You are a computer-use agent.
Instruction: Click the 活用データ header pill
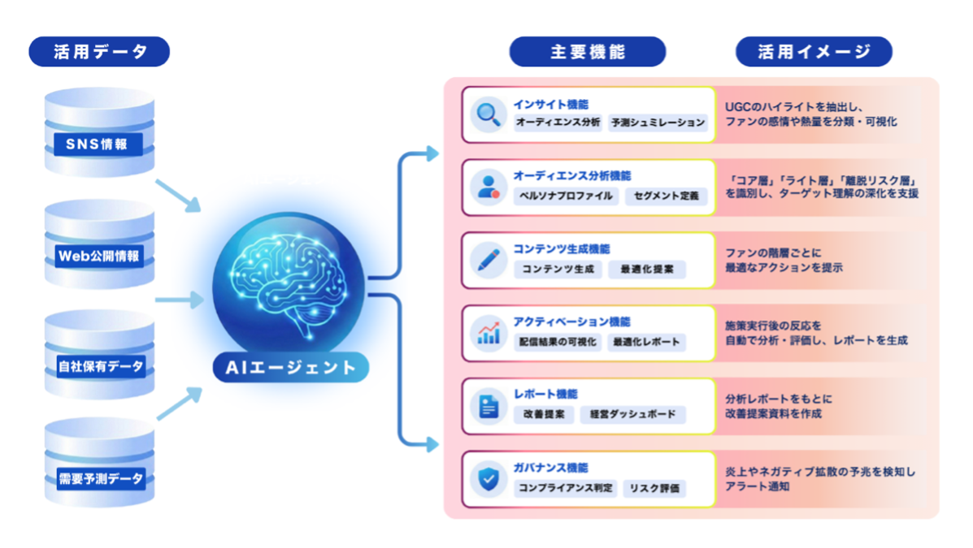[x=99, y=52]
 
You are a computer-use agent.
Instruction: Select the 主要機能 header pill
[x=587, y=52]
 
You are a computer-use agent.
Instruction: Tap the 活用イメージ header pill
[x=814, y=52]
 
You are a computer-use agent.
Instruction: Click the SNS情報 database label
[x=99, y=145]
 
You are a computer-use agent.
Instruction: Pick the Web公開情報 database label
[x=99, y=257]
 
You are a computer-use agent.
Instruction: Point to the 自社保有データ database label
[x=100, y=367]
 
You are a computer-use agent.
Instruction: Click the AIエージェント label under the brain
[x=291, y=368]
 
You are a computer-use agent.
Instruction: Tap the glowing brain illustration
[x=290, y=280]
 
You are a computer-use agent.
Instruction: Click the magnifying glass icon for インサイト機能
[x=489, y=114]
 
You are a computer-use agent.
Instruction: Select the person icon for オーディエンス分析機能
[x=489, y=188]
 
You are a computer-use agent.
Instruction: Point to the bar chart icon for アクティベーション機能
[x=489, y=332]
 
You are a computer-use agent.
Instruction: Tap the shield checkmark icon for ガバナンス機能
[x=489, y=478]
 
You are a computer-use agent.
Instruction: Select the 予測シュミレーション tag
[x=658, y=123]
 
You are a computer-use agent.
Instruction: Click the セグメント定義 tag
[x=666, y=196]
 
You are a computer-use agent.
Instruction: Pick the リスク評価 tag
[x=654, y=488]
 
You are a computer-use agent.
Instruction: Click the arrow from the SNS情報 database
[x=176, y=195]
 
